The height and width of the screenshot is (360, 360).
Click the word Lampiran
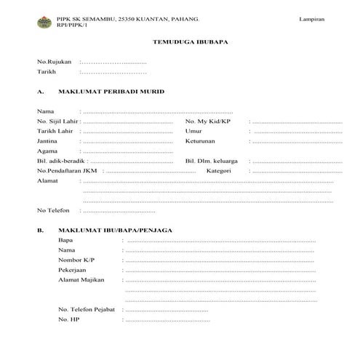[x=311, y=17]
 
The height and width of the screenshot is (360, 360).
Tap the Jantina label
[x=47, y=140]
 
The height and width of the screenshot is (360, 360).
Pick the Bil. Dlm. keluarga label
[x=212, y=160]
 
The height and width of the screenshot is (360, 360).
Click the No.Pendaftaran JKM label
[x=68, y=170]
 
